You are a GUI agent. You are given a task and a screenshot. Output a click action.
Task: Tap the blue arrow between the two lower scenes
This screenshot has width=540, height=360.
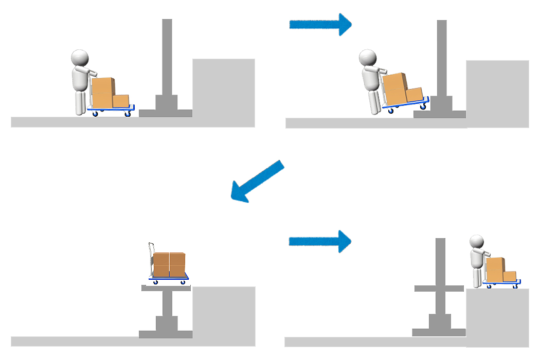(x=319, y=241)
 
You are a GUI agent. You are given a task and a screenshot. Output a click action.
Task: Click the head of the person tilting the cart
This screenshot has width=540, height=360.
(x=367, y=58)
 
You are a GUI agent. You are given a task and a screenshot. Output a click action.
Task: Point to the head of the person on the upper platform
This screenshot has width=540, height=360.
(x=477, y=243)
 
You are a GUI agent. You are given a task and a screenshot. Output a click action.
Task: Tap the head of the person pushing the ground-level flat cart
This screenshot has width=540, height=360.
(x=80, y=58)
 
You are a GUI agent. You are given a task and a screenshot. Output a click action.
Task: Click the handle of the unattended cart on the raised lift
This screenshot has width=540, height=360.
(x=151, y=257)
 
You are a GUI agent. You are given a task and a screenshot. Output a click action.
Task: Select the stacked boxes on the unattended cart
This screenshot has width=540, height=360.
(x=169, y=264)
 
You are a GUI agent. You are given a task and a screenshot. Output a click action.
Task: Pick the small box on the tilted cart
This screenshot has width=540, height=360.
(x=414, y=95)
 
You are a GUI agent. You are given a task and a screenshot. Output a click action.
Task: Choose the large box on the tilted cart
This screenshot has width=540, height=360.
(x=394, y=89)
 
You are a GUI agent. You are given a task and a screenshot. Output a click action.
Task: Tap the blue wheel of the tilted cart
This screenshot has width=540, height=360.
(x=391, y=110)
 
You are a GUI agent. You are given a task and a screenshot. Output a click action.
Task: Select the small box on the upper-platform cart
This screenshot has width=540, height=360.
(x=509, y=276)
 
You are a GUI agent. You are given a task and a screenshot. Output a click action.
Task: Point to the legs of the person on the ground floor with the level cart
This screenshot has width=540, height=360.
(x=81, y=103)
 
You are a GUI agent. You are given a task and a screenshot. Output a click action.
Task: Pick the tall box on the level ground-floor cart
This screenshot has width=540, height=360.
(x=102, y=93)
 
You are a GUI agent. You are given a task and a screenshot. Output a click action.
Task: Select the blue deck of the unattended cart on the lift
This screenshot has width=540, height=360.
(x=169, y=278)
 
